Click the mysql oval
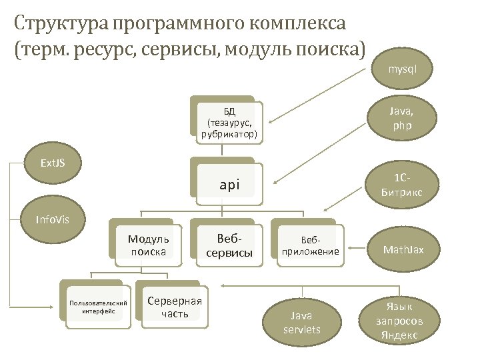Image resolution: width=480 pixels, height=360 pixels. (403, 69)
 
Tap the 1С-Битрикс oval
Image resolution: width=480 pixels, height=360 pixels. (402, 186)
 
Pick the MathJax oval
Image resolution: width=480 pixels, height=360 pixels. (402, 250)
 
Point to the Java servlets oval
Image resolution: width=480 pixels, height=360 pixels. (301, 322)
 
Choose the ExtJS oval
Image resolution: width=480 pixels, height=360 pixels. (53, 163)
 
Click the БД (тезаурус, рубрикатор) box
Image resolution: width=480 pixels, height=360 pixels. (229, 122)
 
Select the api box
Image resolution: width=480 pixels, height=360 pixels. (229, 183)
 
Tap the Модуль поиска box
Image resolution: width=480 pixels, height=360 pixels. (149, 245)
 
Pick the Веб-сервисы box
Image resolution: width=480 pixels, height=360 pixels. (229, 245)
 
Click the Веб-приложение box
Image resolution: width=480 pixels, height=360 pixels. (310, 245)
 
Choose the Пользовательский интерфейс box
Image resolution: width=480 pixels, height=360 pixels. (99, 306)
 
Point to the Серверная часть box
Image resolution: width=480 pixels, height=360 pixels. (175, 306)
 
